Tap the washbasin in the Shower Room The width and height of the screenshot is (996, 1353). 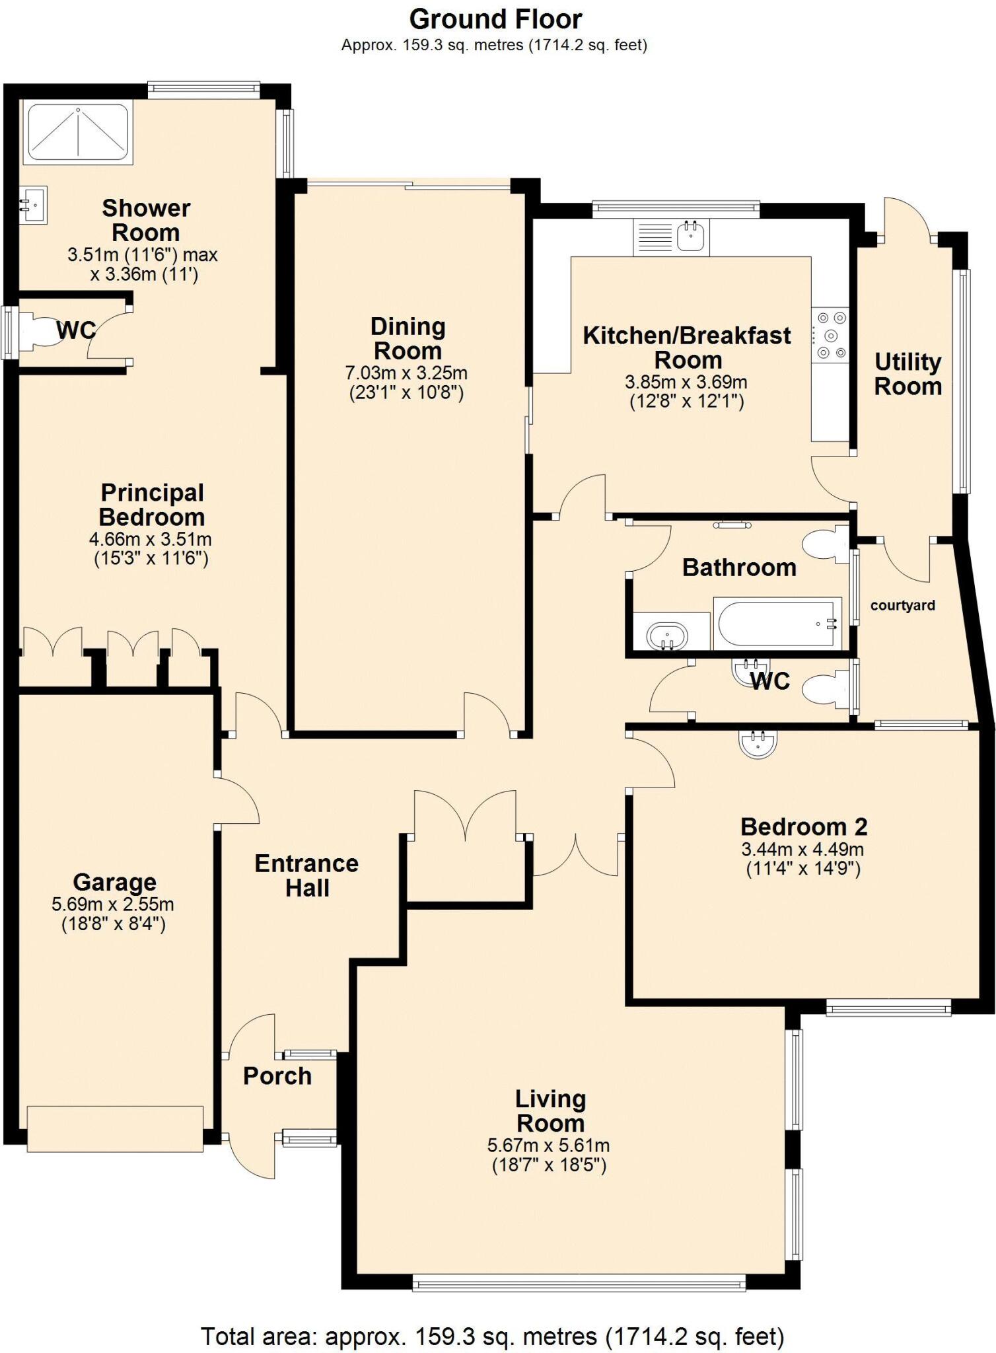pos(32,205)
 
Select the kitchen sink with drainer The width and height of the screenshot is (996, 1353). pos(671,237)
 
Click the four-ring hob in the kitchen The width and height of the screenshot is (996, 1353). pos(830,336)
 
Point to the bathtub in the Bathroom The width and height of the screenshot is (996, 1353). pos(777,622)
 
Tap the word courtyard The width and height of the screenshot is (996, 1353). pos(902,605)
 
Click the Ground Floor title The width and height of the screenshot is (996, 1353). pos(495,19)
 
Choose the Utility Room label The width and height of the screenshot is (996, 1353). pos(907,374)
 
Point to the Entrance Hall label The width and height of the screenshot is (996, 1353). pos(306,875)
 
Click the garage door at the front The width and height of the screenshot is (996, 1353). pos(115,1128)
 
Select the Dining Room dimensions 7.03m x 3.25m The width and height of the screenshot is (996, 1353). pos(406,373)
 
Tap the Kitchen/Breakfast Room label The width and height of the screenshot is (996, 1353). pos(687,347)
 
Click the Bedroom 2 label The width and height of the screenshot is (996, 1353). pos(803,826)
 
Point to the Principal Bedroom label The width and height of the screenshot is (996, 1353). pos(152,505)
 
